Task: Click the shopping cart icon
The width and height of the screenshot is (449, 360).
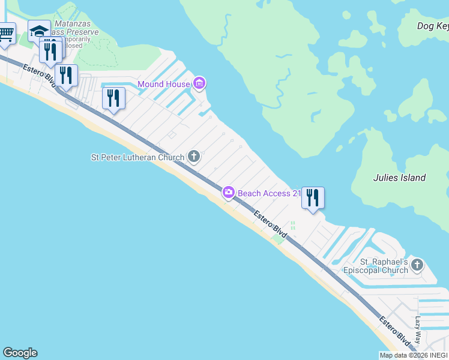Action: [5, 34]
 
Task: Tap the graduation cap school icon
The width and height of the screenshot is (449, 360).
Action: [39, 31]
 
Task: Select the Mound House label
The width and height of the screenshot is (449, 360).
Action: [163, 84]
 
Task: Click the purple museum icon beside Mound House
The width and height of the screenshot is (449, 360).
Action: [200, 83]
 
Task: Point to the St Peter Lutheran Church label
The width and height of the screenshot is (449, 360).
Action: [137, 157]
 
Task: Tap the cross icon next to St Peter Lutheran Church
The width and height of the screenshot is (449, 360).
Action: [194, 157]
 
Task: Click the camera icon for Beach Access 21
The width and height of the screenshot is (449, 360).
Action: [229, 193]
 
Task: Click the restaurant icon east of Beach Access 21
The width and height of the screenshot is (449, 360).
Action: [313, 197]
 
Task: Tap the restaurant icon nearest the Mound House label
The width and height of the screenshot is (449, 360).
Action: [113, 98]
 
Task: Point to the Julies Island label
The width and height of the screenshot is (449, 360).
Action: [399, 178]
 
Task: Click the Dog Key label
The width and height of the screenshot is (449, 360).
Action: [433, 26]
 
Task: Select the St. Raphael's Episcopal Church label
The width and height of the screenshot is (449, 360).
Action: [384, 266]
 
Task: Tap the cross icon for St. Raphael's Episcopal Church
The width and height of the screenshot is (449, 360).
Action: [417, 265]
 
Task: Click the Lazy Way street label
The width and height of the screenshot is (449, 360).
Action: [418, 329]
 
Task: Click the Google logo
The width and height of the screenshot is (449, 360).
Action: [20, 353]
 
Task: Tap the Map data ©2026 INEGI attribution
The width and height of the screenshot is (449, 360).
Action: [414, 355]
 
